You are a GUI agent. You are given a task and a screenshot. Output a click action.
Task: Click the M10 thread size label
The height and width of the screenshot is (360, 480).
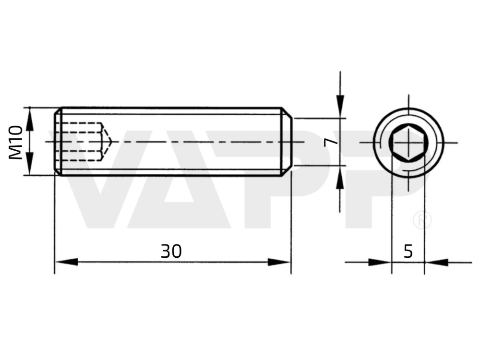pos(15,143)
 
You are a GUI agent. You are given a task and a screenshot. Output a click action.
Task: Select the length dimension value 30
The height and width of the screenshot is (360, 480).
pos(171,252)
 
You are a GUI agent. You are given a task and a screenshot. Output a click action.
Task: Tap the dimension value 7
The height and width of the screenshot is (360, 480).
pos(330,142)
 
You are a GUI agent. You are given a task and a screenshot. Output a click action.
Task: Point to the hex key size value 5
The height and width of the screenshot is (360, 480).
pos(408,252)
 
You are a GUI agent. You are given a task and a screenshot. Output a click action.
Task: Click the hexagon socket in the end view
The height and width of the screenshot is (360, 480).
pos(408,143)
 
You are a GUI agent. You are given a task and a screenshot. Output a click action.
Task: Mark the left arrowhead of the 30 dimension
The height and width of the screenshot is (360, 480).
pos(66,262)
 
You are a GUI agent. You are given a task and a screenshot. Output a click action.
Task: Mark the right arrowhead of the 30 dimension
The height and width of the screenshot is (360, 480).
pos(279,262)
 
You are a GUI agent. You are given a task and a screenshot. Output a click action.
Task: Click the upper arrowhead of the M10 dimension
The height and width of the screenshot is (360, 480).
pos(29,119)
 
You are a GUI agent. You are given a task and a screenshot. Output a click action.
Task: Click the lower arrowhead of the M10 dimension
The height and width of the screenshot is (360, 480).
pos(29,164)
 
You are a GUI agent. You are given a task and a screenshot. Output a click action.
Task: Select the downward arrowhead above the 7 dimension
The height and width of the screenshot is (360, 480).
pos(340,107)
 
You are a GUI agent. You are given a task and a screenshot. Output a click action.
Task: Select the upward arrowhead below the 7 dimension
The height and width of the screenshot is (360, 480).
pos(340,177)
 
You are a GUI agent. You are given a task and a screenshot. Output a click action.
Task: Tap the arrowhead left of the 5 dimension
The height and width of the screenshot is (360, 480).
pos(380,263)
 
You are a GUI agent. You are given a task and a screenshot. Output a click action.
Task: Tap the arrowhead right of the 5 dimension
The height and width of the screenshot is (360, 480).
pos(436,263)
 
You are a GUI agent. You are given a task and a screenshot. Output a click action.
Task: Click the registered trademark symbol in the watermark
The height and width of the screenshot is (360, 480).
pos(422,220)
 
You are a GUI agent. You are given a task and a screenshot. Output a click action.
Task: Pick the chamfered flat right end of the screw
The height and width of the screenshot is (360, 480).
pos(287,142)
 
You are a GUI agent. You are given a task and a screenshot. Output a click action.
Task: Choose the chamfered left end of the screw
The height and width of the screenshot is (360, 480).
pos(58,142)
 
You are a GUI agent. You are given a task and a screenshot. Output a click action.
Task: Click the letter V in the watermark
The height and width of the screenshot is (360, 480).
pos(99,179)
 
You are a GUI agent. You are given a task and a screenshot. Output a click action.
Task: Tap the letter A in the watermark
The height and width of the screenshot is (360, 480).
pos(179,179)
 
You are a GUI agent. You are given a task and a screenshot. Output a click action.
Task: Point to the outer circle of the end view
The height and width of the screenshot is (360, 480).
pos(408,108)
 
